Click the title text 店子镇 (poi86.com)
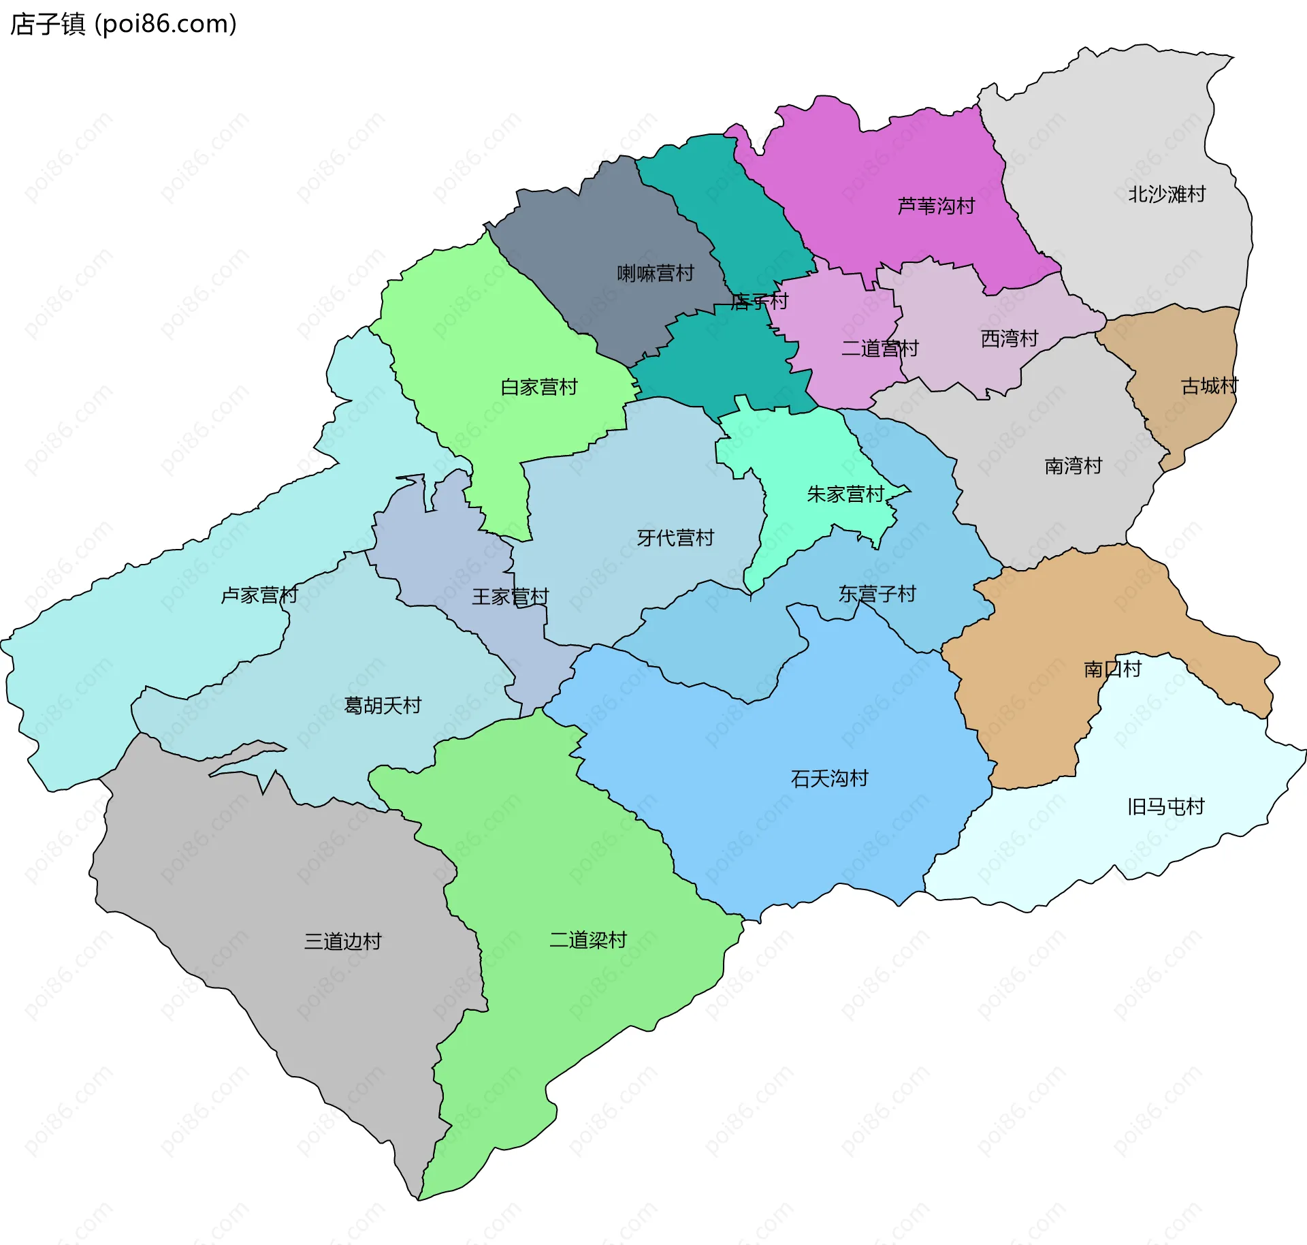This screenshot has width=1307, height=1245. point(123,24)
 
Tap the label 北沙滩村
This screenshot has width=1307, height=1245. point(1166,194)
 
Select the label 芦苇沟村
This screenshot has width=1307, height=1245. point(936,206)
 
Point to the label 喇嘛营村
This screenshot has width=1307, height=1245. point(655,273)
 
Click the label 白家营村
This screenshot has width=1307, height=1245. point(538,387)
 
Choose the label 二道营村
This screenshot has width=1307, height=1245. point(880,349)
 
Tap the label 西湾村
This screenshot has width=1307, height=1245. point(1009,338)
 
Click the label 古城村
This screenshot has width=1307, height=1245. point(1209,386)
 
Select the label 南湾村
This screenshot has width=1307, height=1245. point(1073,466)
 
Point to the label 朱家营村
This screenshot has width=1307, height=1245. point(845,494)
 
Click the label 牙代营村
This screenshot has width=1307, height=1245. point(675,538)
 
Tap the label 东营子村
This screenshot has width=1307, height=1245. point(877,594)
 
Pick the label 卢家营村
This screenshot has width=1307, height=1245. point(259,595)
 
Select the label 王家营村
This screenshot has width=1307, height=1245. point(510,597)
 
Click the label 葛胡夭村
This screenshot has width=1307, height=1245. point(383,705)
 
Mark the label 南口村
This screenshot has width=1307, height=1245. point(1112,669)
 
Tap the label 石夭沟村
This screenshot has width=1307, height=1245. point(829,778)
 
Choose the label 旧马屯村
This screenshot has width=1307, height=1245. point(1165,807)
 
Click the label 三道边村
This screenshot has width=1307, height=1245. point(342,941)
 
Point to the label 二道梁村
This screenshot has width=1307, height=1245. point(587,940)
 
